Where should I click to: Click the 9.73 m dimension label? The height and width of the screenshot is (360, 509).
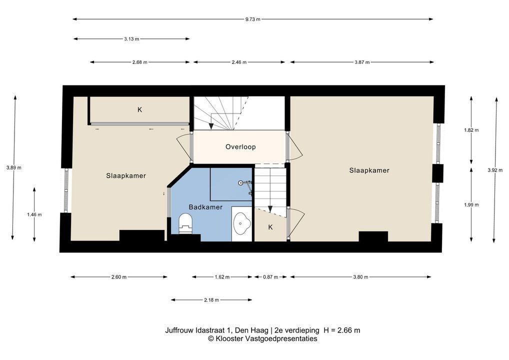click(252, 19)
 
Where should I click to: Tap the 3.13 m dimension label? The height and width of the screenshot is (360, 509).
click(131, 39)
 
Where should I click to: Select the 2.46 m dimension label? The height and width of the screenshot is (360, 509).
click(239, 62)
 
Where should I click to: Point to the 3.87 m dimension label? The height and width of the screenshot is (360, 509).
click(362, 62)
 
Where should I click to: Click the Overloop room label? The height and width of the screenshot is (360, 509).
click(240, 146)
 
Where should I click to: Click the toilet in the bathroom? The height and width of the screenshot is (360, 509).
click(185, 222)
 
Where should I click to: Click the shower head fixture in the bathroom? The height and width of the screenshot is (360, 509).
click(245, 185)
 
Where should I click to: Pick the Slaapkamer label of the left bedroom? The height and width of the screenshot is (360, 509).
click(126, 175)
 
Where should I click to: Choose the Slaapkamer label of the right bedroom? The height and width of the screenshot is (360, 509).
click(369, 170)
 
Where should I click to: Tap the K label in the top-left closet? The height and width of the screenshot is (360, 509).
click(140, 109)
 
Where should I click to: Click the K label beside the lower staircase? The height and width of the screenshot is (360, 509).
click(270, 227)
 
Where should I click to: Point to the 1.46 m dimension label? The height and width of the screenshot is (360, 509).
click(34, 214)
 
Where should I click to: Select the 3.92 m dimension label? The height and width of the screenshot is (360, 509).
click(495, 170)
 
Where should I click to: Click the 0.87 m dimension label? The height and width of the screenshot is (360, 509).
click(270, 277)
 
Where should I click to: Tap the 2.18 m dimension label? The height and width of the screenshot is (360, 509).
click(211, 300)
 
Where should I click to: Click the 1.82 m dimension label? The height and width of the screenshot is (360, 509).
click(471, 130)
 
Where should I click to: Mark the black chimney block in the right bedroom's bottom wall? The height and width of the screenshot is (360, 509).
click(373, 236)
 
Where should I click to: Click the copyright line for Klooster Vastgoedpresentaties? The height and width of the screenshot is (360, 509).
click(262, 338)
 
